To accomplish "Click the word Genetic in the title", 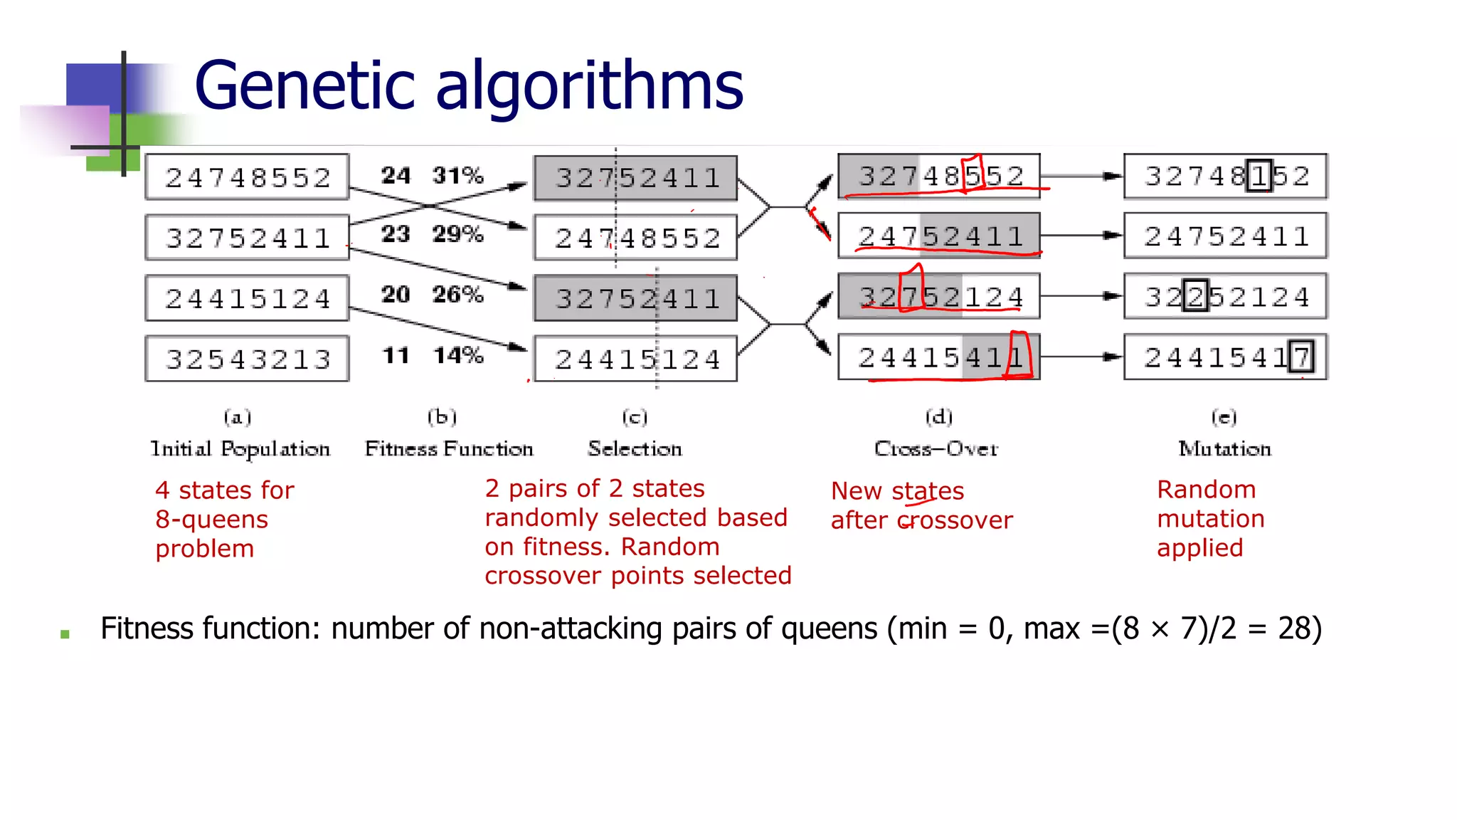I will (x=304, y=87).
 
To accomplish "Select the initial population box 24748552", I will (x=248, y=177).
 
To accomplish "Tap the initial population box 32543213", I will (x=248, y=359).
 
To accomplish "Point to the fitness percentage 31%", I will (x=457, y=175).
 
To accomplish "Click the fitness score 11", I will (x=396, y=355).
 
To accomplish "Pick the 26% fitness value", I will (x=457, y=294).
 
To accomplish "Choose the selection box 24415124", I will (x=636, y=359).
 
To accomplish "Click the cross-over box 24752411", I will (x=939, y=236).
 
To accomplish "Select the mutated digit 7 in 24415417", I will (x=1301, y=357).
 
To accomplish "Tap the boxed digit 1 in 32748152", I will (x=1259, y=176).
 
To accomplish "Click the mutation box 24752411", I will (x=1225, y=236).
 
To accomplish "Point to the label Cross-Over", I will (x=936, y=449).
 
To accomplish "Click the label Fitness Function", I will (x=449, y=449).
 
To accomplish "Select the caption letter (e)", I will (x=1224, y=417).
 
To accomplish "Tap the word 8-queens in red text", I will (x=211, y=520).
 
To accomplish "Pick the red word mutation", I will (x=1210, y=519).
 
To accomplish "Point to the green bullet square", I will (x=65, y=634).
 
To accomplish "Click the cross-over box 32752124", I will (x=939, y=296).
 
